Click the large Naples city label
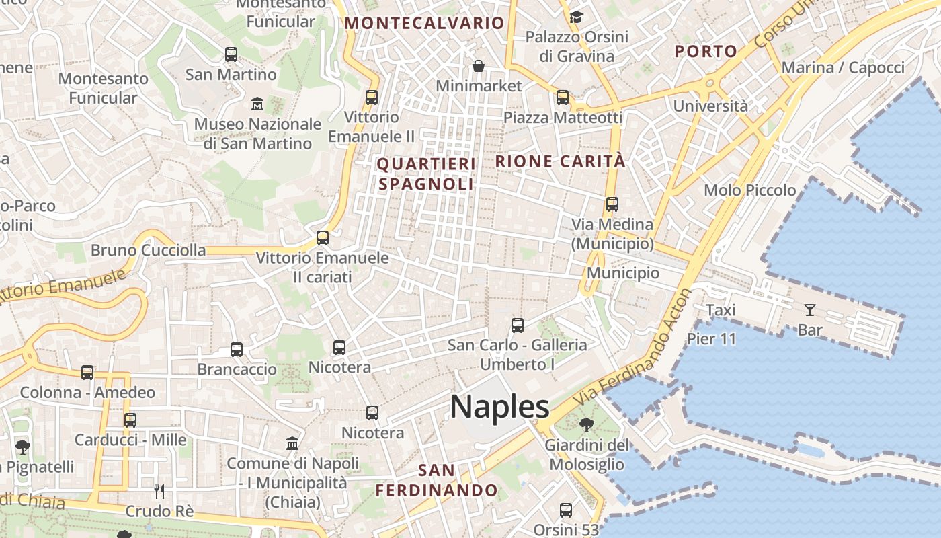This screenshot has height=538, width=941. tap(499, 407)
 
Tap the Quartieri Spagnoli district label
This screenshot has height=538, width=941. tap(426, 174)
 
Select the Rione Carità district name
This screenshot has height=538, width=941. tap(560, 161)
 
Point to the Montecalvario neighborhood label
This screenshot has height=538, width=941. tap(424, 23)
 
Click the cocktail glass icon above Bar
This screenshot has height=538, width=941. tap(809, 310)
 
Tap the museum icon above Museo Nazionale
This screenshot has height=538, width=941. tap(257, 104)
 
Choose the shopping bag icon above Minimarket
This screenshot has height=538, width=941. tap(479, 66)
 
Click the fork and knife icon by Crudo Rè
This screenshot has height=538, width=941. tap(159, 491)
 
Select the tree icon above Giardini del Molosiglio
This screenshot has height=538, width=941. tap(587, 424)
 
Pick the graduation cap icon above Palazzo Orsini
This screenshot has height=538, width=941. tap(576, 17)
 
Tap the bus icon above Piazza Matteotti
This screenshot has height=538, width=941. tap(563, 98)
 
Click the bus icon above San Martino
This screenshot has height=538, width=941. tap(231, 54)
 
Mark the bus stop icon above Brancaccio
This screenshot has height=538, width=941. tap(237, 350)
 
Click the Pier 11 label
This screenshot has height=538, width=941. tap(712, 338)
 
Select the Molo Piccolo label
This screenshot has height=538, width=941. tap(749, 190)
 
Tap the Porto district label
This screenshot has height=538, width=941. tap(706, 51)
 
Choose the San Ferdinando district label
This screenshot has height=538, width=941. tap(436, 480)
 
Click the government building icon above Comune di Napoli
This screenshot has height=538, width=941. tap(292, 444)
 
